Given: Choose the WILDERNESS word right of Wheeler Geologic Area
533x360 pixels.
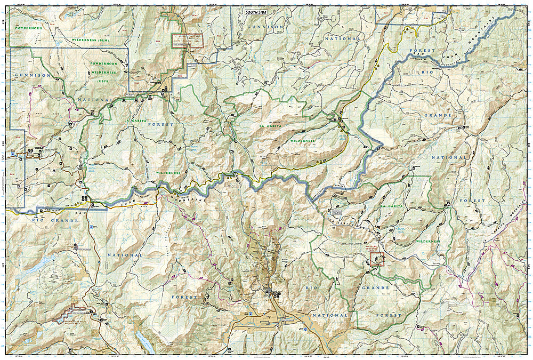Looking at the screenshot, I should point(428,241).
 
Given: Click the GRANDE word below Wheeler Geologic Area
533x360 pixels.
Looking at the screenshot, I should point(376,287).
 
